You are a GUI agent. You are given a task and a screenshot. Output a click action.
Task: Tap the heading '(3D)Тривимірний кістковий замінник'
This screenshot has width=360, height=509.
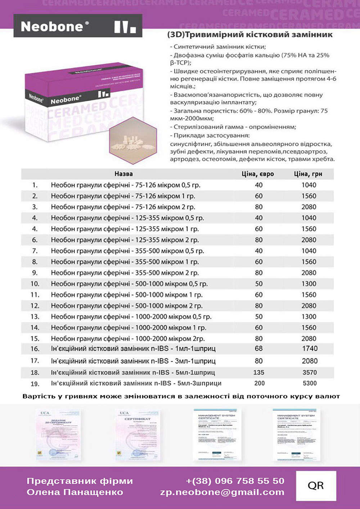[250, 35]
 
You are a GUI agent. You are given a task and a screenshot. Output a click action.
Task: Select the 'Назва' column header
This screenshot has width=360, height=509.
[123, 174]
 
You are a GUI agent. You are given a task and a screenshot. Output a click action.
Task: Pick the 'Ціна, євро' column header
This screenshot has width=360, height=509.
[258, 174]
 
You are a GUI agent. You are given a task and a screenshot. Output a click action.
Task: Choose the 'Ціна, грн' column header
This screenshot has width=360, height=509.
[308, 174]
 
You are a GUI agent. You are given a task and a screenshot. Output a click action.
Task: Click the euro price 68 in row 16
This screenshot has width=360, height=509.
[258, 349]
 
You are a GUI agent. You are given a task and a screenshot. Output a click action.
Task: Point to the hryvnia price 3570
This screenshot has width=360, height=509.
[309, 372]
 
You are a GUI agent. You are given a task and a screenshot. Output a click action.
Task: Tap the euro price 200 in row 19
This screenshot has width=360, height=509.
[259, 383]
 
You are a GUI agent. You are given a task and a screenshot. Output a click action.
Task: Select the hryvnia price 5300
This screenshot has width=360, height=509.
[310, 383]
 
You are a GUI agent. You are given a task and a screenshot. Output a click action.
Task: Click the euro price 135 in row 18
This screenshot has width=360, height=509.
[258, 372]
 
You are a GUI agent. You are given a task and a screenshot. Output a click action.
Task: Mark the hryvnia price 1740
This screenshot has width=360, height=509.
[310, 349]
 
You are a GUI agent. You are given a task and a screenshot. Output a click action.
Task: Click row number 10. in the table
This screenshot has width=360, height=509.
[35, 284]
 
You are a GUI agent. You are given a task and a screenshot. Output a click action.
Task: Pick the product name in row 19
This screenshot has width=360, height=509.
[136, 383]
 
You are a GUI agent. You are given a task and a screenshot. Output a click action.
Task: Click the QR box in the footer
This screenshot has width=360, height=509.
[316, 486]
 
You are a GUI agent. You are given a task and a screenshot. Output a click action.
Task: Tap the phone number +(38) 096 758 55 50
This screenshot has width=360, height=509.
[235, 481]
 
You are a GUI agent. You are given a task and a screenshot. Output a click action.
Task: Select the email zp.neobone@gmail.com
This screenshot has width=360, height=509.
[222, 492]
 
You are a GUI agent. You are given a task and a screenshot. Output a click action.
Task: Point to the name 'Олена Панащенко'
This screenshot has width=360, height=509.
[75, 492]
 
